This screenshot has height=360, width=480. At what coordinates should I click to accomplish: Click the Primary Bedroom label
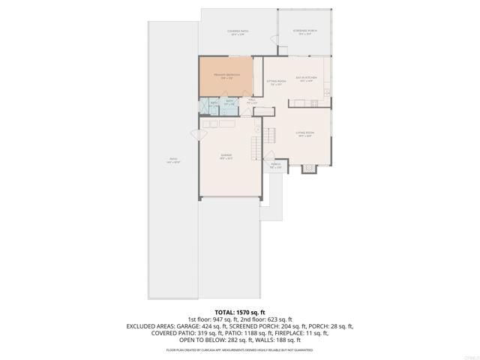(x=225, y=76)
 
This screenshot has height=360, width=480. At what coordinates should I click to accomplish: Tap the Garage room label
(x=226, y=157)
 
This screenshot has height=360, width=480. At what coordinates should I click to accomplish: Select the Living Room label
(x=304, y=136)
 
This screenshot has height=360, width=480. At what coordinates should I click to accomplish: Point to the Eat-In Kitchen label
(x=304, y=79)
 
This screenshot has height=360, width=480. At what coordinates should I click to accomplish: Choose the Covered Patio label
(x=238, y=32)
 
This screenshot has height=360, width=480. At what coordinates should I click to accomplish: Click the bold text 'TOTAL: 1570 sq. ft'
(x=240, y=312)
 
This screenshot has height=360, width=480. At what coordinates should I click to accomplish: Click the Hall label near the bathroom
(x=252, y=100)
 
